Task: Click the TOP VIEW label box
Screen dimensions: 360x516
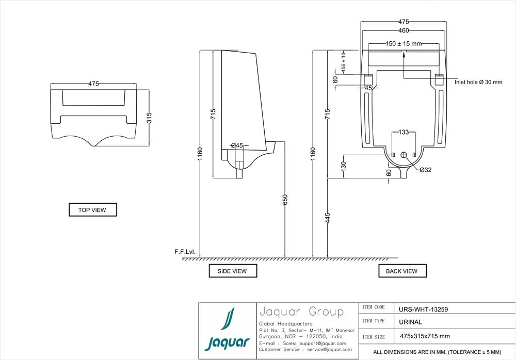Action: click(x=93, y=210)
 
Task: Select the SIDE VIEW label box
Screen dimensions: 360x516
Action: click(x=233, y=271)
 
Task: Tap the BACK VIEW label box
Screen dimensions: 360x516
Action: click(x=402, y=271)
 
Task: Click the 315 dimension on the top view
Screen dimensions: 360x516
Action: click(x=149, y=118)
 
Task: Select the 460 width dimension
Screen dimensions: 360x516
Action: click(x=404, y=30)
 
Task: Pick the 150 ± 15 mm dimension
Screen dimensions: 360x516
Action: click(x=404, y=44)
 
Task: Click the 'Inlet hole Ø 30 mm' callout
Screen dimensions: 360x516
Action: click(x=478, y=82)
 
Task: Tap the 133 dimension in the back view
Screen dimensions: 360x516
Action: click(x=404, y=133)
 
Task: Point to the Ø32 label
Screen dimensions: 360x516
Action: click(x=425, y=170)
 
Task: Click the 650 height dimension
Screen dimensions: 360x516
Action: click(x=285, y=200)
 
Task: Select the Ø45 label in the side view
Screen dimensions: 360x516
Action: click(x=237, y=145)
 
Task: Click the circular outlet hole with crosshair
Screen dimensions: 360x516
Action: click(x=404, y=155)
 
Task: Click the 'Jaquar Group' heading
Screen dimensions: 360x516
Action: click(x=301, y=312)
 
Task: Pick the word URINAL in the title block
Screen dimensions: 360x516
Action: click(x=411, y=322)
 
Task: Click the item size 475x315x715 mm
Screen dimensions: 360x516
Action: click(x=425, y=336)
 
